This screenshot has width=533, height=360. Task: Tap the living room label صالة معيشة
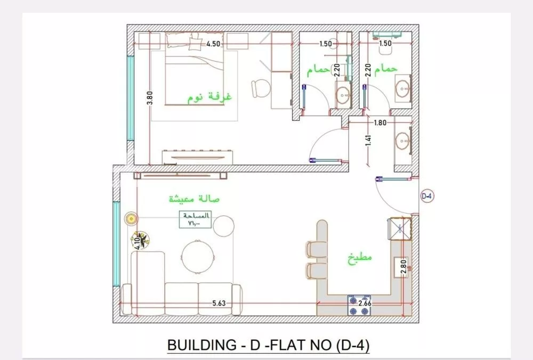click(195, 199)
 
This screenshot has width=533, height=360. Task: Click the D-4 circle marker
click(427, 195)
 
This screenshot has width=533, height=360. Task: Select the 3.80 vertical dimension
click(150, 99)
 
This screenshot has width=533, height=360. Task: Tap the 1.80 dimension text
click(381, 123)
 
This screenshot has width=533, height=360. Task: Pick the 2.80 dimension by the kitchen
click(403, 266)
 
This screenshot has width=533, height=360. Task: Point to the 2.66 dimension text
click(366, 304)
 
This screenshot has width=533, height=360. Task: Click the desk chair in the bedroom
click(261, 88)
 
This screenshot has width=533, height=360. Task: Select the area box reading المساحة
click(196, 219)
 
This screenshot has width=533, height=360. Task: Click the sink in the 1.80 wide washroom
click(403, 142)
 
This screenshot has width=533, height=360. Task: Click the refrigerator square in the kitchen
click(399, 227)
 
